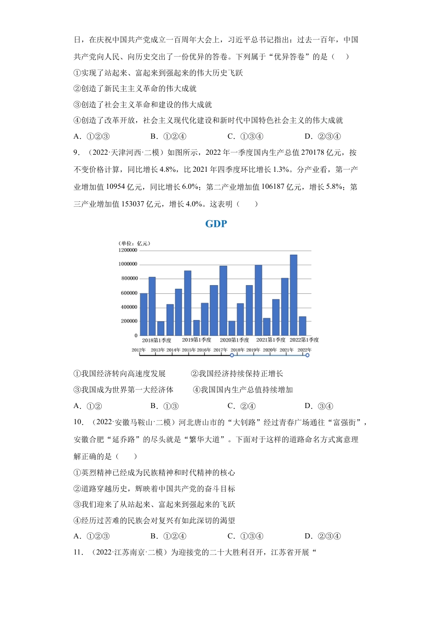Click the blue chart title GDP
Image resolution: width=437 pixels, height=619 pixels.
click(216, 224)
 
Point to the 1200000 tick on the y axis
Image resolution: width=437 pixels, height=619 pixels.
click(128, 250)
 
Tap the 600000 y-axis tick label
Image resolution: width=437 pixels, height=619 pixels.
click(129, 293)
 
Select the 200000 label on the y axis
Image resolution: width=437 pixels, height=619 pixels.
click(129, 321)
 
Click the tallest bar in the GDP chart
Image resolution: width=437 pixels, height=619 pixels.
click(293, 295)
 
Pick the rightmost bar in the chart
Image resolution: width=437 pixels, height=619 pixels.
click(302, 326)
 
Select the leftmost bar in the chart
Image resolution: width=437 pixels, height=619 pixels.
click(144, 314)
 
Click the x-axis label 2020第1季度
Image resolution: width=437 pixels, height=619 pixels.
click(234, 340)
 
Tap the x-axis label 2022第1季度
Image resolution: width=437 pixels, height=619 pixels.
click(304, 340)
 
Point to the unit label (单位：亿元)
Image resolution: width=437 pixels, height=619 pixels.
click(134, 243)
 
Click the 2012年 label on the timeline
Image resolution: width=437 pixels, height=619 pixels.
click(138, 350)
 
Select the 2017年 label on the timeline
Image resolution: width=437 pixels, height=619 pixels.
click(220, 350)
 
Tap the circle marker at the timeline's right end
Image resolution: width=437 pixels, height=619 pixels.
click(307, 355)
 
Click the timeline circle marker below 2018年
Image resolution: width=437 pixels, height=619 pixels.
click(232, 355)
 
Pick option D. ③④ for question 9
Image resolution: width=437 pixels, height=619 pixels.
click(319, 406)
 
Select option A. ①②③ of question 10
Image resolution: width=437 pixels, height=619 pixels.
click(92, 536)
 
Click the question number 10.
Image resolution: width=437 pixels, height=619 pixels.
click(79, 422)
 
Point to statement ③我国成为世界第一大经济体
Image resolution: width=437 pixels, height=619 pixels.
click(123, 390)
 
